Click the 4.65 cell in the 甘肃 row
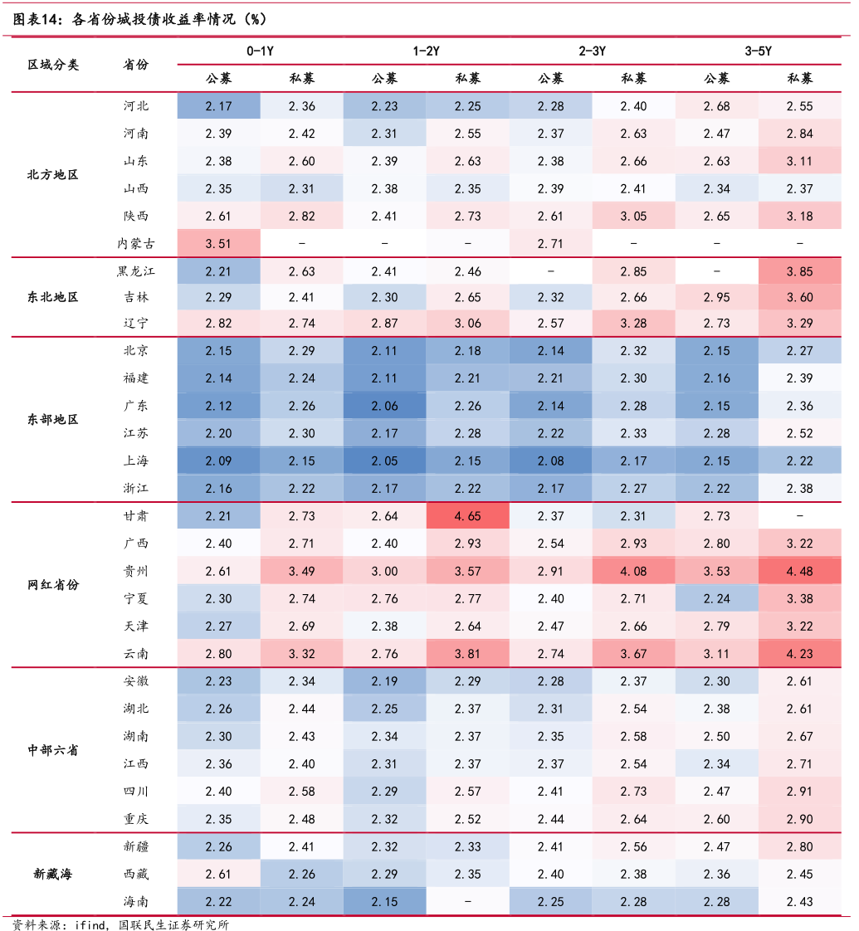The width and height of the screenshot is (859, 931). [467, 516]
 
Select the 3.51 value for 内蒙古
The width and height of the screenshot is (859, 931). [218, 244]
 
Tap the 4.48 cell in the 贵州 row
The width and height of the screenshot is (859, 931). [799, 571]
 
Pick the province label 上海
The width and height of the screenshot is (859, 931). [135, 461]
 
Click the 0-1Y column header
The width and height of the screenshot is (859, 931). [260, 51]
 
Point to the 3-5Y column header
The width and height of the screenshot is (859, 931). [758, 51]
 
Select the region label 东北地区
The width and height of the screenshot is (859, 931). [53, 297]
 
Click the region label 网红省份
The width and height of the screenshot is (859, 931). [53, 585]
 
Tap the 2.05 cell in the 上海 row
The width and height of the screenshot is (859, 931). [384, 461]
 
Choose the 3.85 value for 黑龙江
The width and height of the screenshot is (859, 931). [799, 271]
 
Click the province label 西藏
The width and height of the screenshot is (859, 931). [135, 874]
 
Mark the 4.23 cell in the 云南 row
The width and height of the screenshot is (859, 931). [799, 654]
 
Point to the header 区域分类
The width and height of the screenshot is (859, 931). [53, 65]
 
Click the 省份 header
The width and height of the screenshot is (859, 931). [135, 65]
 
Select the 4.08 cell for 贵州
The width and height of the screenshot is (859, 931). [633, 571]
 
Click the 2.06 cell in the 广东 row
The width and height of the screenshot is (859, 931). [384, 406]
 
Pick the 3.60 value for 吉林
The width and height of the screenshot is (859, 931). [799, 297]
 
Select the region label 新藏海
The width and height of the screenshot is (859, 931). [53, 874]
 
